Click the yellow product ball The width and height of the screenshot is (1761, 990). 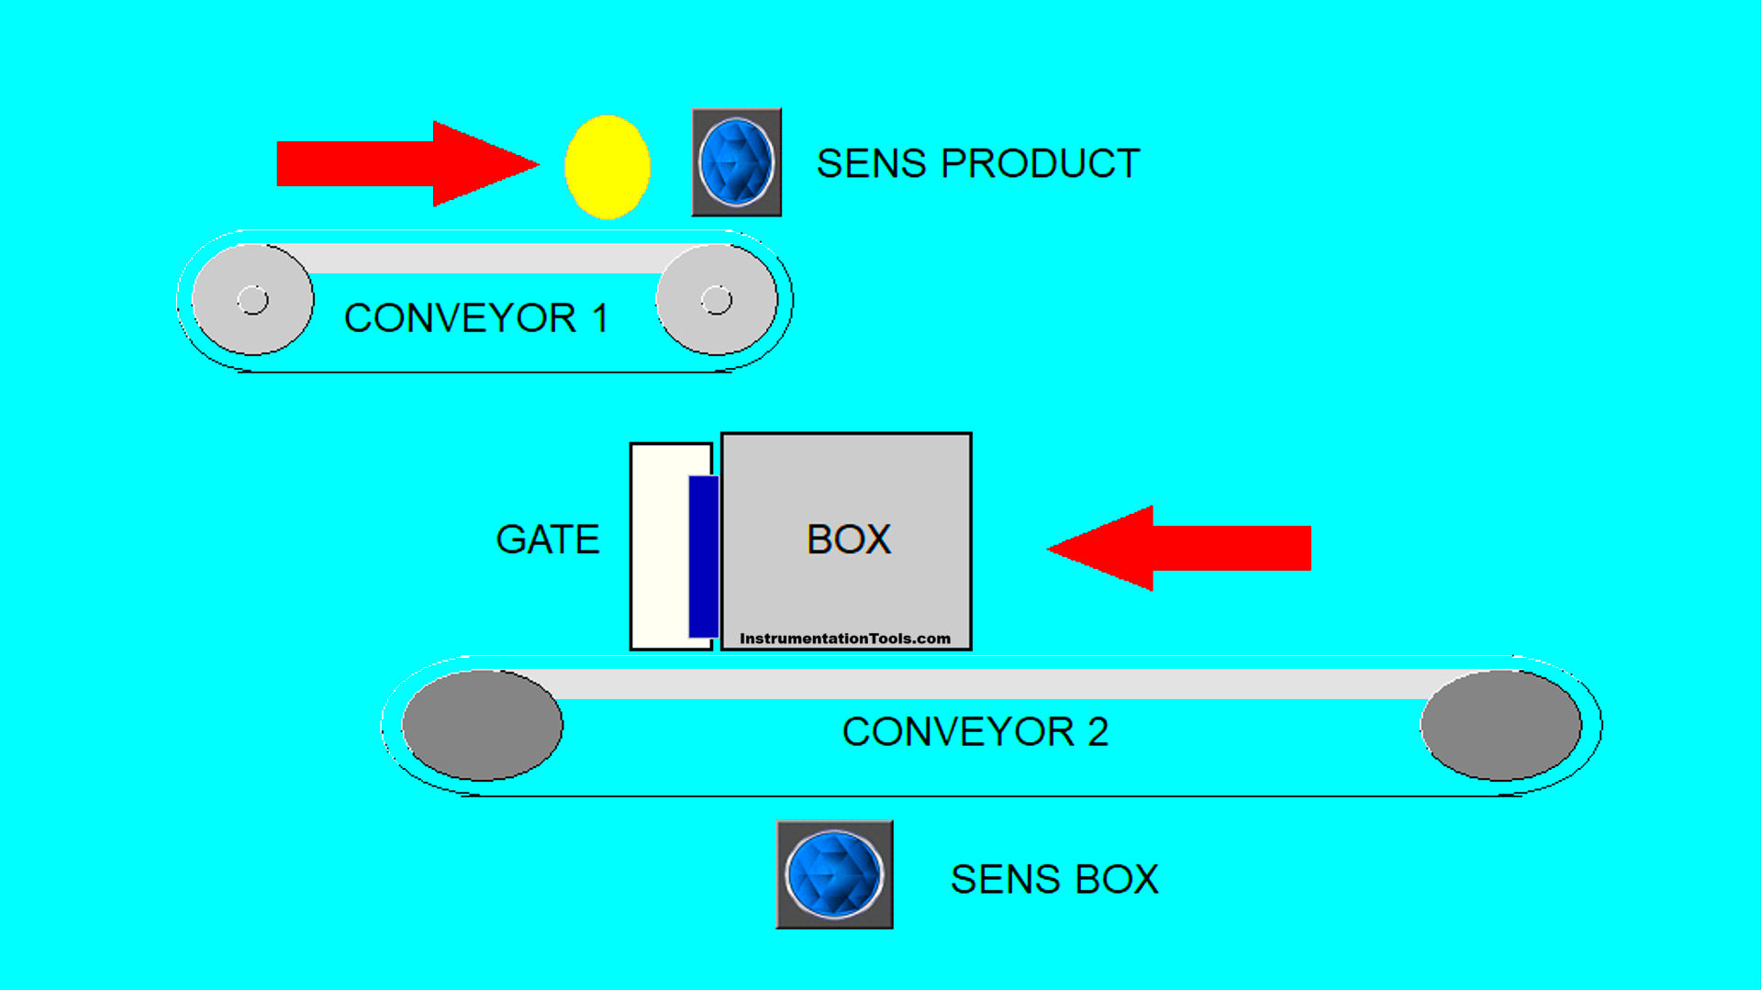pos(607,167)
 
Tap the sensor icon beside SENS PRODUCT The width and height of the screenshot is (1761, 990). pos(736,162)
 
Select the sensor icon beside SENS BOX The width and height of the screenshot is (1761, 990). pos(834,874)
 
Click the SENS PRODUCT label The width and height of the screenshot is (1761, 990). pos(978,164)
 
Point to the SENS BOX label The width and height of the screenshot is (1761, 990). pos(1054,879)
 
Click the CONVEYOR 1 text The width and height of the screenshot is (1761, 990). pos(475,318)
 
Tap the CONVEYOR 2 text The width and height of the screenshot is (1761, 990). pos(975,732)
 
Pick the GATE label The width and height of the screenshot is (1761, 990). pos(548,539)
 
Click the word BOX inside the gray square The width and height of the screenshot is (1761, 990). pos(848,539)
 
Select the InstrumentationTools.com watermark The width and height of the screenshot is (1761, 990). pos(845,639)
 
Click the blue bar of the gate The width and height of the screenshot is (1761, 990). pos(703,556)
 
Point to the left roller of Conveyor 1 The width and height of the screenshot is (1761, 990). pos(252,300)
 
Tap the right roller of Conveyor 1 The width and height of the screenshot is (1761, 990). pos(717,300)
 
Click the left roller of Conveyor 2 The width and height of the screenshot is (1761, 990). pos(483,726)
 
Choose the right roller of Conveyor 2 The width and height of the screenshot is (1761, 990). pos(1501,726)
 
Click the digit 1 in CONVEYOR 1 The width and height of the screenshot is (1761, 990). pos(600,318)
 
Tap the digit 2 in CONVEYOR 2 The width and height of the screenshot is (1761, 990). pos(1098,732)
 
